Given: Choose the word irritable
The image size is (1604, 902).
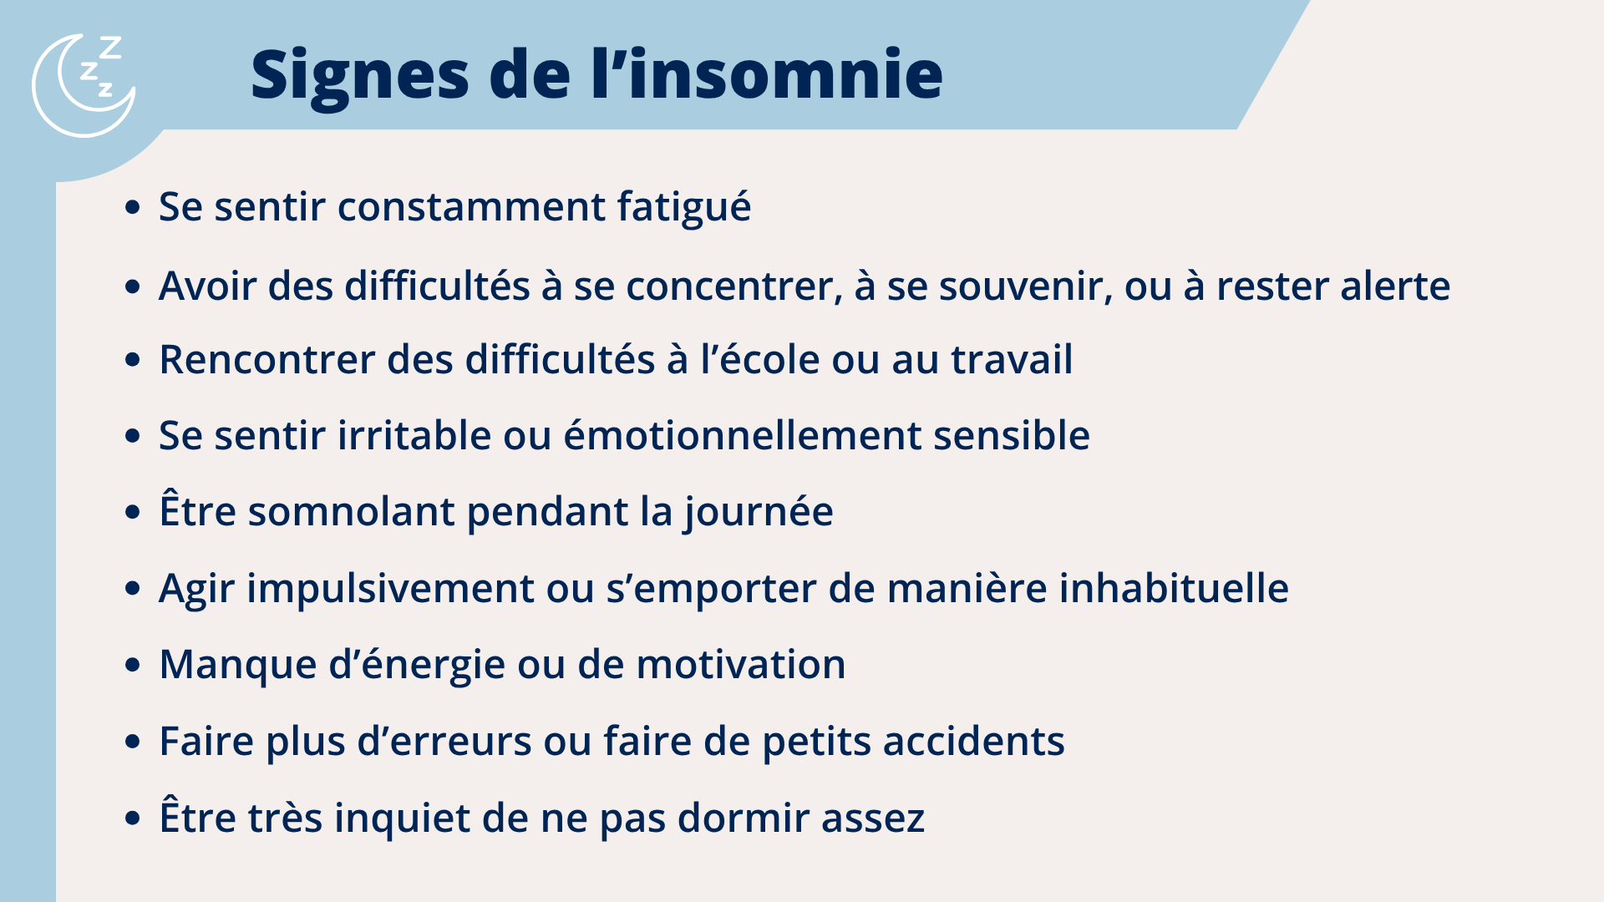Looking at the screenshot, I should [414, 436].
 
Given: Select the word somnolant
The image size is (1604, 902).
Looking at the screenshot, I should [351, 512].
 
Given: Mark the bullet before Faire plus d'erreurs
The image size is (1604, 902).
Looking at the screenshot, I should [132, 742].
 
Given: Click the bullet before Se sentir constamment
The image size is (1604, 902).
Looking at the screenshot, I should [132, 207].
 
